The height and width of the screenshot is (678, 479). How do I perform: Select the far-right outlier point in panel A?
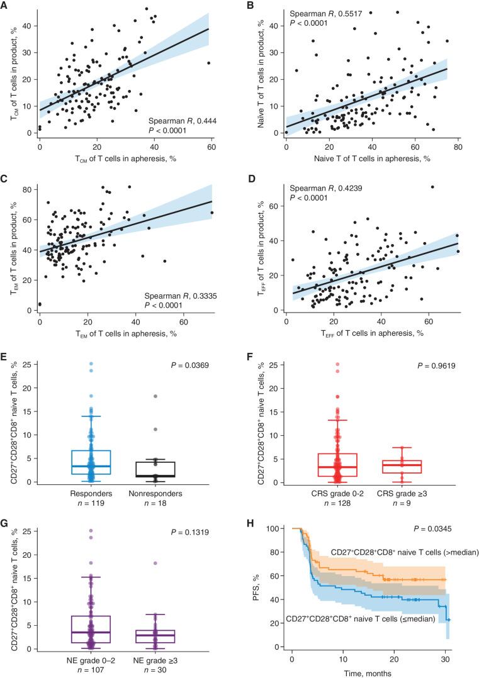click(x=208, y=63)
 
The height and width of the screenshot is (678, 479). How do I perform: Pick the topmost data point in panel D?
click(x=432, y=187)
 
